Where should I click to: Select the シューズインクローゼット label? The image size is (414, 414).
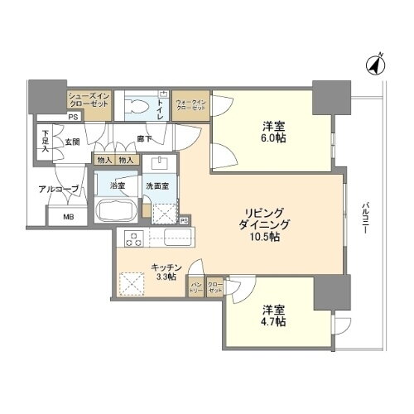click(x=86, y=102)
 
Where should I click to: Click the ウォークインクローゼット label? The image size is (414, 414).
click(x=190, y=104)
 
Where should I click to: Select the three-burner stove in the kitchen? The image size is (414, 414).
click(x=132, y=240)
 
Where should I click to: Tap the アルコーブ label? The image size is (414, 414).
click(x=58, y=190)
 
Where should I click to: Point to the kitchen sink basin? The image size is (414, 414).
click(x=176, y=240)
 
